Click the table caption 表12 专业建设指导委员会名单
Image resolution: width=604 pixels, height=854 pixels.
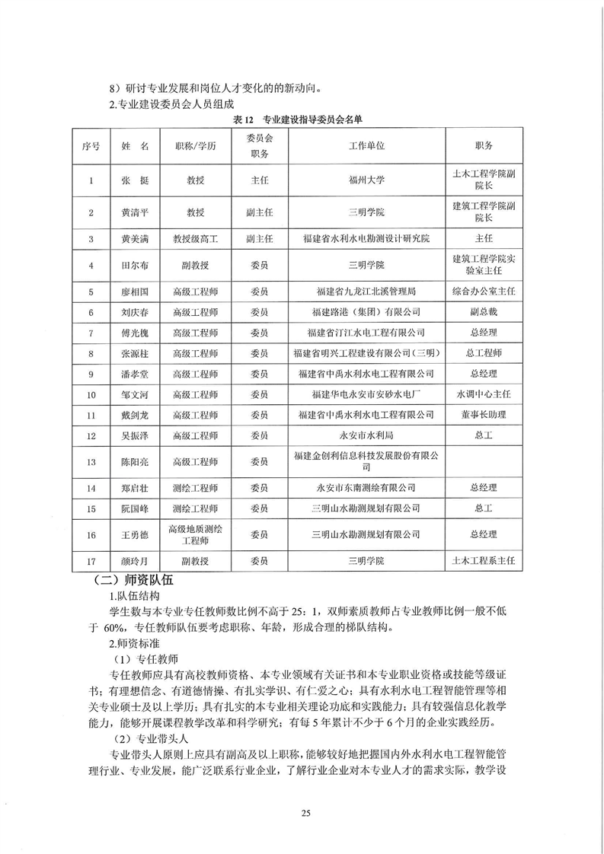click(x=302, y=120)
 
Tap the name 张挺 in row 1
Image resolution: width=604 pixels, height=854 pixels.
click(x=129, y=180)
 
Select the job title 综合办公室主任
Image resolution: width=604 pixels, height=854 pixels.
click(x=484, y=292)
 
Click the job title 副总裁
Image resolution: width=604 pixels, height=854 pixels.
click(x=484, y=312)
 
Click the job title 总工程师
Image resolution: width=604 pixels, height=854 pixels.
click(x=484, y=353)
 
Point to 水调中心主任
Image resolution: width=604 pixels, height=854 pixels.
click(x=484, y=394)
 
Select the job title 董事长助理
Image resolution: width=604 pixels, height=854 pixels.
click(x=484, y=415)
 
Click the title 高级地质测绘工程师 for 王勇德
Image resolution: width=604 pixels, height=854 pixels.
click(x=197, y=535)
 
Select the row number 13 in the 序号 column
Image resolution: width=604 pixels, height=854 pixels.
click(x=91, y=462)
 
